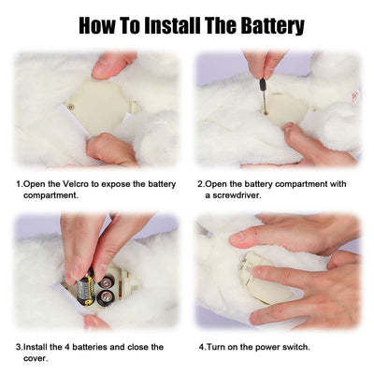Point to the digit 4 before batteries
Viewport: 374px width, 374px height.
(67, 347)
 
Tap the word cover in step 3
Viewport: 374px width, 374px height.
(36, 358)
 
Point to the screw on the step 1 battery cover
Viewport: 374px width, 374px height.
(71, 108)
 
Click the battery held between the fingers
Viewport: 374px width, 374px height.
(84, 287)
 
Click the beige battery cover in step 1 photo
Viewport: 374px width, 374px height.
(101, 107)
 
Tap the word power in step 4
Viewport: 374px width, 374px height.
(269, 348)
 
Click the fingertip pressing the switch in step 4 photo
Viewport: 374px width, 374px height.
(257, 271)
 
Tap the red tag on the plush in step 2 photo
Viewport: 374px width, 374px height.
(354, 97)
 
